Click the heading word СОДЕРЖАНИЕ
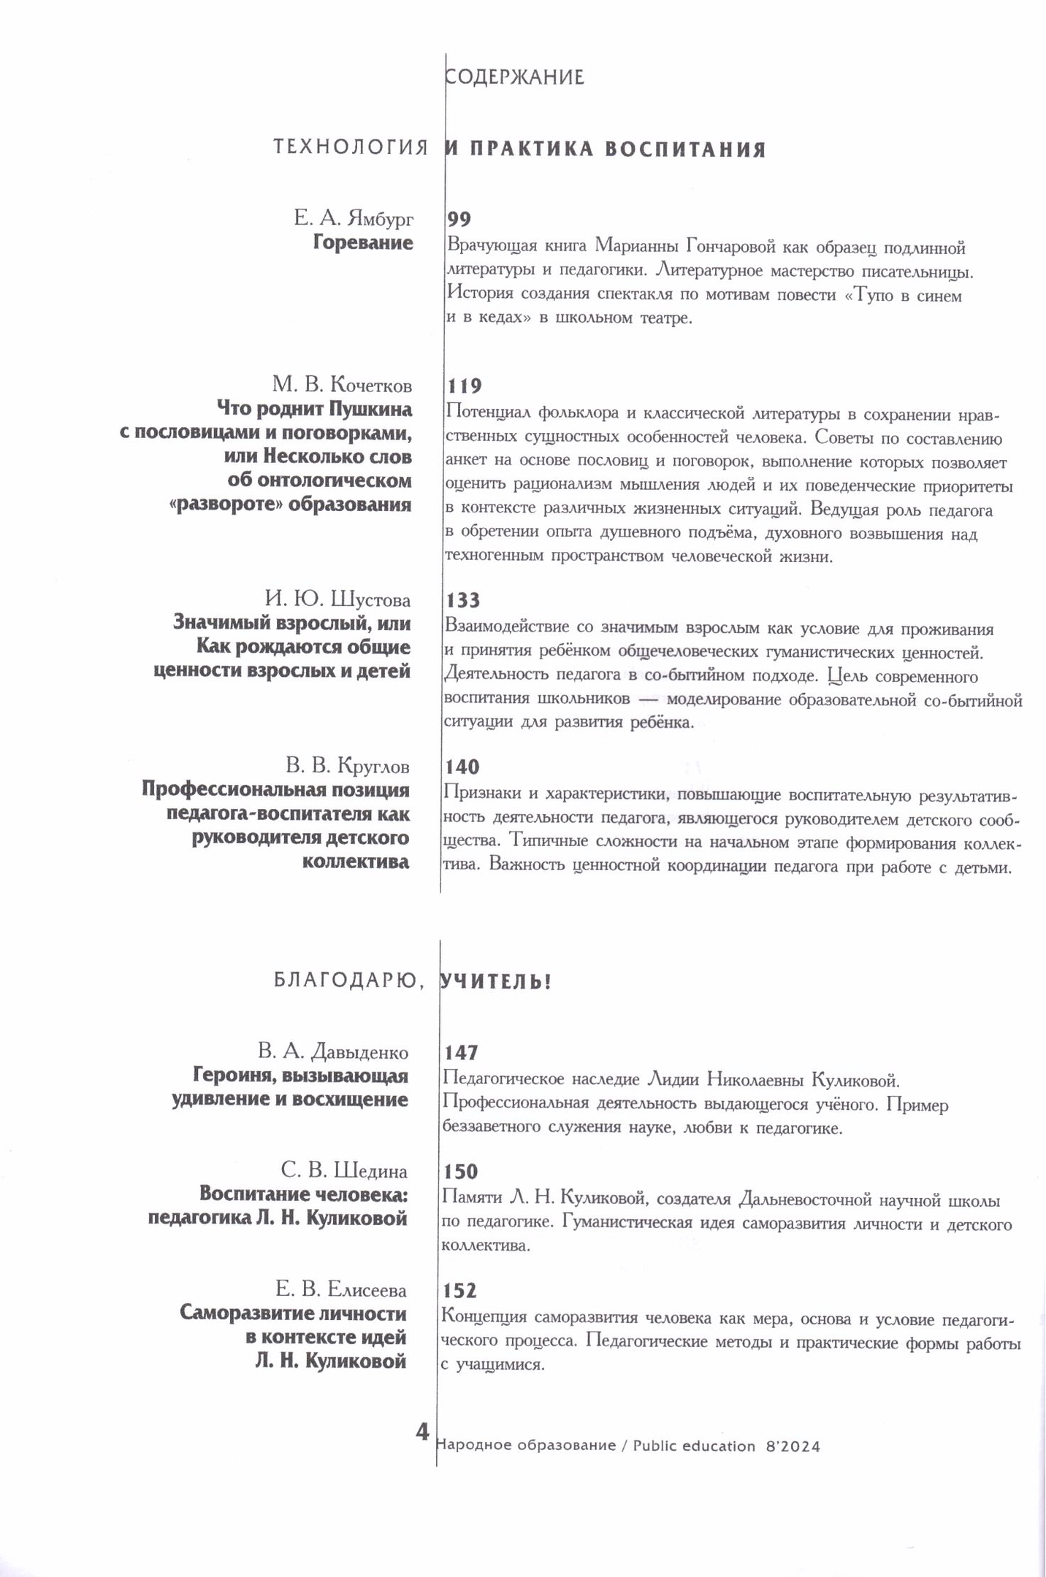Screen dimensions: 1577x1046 click(515, 77)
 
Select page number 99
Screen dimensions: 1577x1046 click(459, 219)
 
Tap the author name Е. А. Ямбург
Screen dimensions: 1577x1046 click(354, 218)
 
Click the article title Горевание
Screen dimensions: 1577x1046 click(363, 242)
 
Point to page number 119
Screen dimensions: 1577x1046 click(464, 385)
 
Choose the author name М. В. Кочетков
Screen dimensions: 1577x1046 click(342, 384)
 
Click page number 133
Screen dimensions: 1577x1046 click(462, 600)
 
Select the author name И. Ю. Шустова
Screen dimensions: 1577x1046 click(337, 599)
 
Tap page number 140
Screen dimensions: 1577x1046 click(462, 767)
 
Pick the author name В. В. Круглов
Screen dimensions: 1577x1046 click(348, 766)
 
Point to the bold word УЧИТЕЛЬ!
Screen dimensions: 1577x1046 click(496, 982)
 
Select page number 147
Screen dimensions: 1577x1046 click(461, 1052)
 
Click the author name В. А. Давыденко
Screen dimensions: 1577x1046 click(332, 1051)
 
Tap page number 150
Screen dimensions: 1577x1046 click(461, 1172)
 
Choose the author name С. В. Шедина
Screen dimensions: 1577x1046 click(343, 1170)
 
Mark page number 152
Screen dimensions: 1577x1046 click(459, 1291)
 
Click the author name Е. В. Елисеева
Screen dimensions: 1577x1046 click(340, 1289)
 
